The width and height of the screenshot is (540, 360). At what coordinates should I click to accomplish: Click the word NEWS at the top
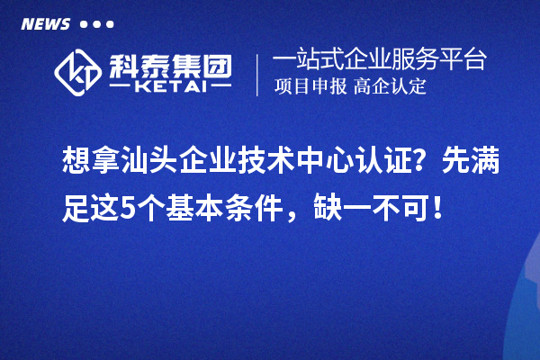pos(44,23)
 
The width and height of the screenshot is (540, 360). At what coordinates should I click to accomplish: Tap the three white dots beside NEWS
pos(96,24)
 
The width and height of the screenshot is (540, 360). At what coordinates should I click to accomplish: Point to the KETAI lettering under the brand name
pos(170,86)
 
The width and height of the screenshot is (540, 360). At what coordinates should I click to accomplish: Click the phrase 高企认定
pos(390,87)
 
